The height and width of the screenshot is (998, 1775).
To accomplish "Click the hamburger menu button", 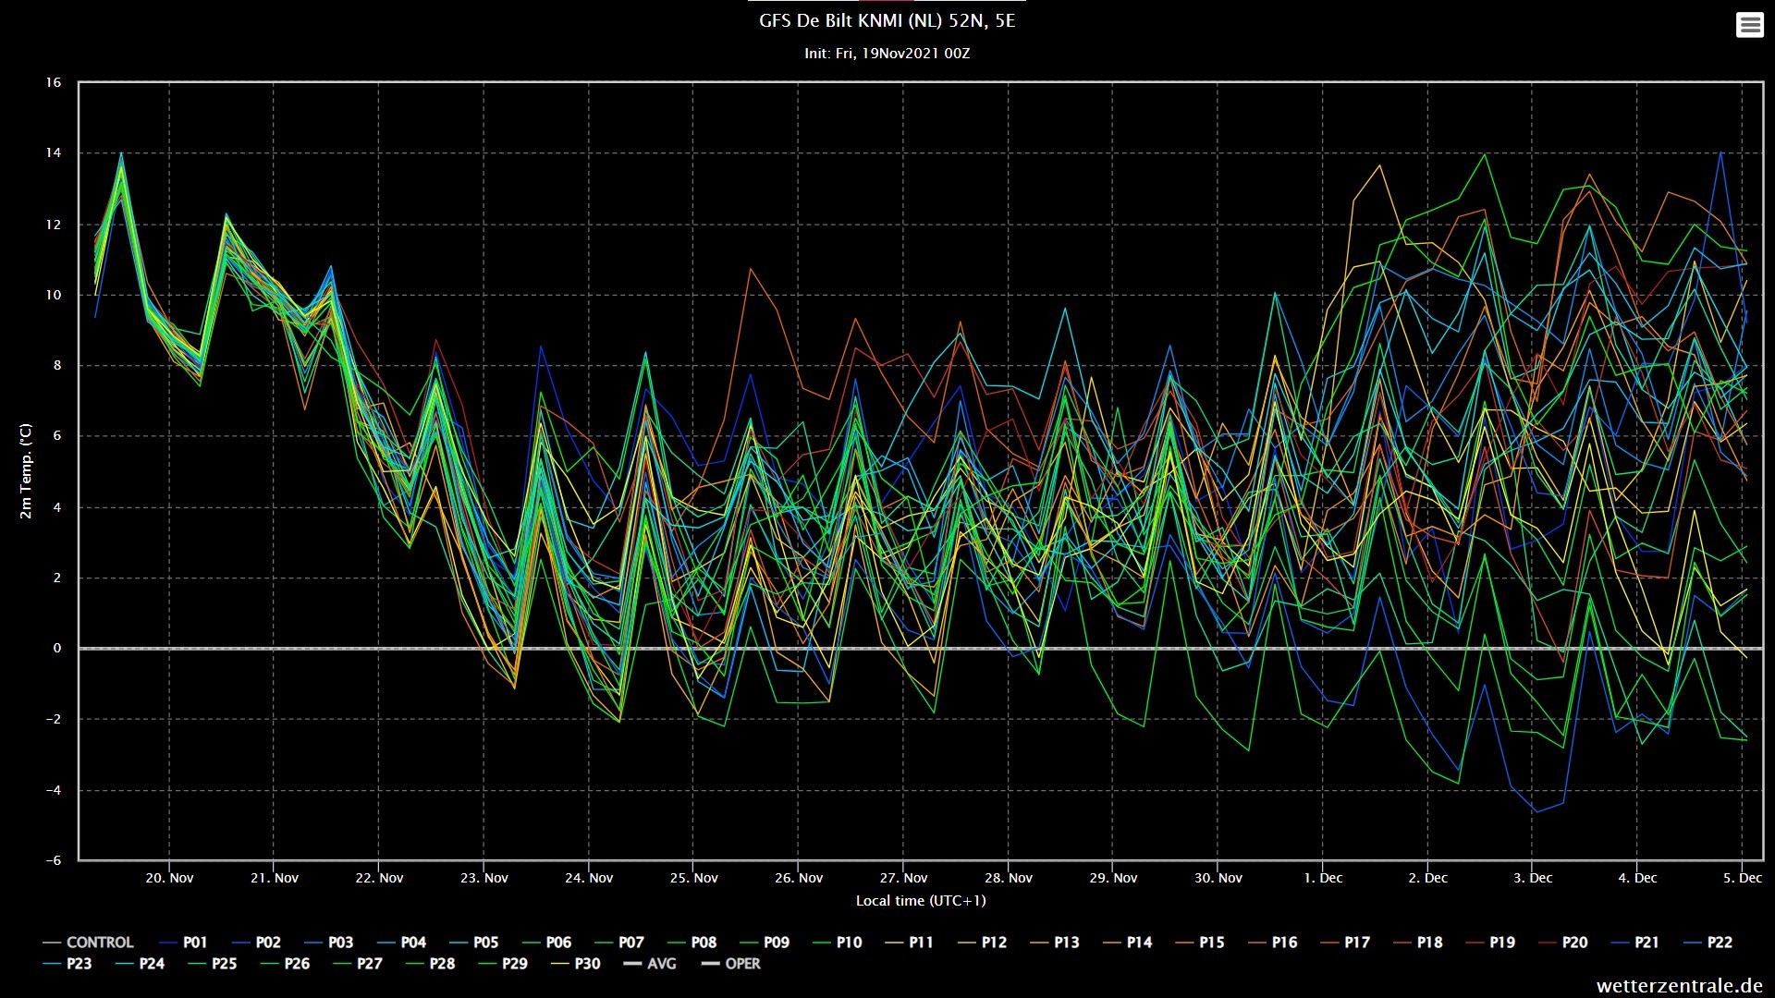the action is click(x=1749, y=25).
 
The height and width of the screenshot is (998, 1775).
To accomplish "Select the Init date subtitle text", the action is click(x=887, y=54).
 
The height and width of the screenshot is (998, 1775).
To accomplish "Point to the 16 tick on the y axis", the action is click(x=54, y=82).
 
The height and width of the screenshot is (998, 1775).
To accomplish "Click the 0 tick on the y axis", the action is click(x=57, y=648).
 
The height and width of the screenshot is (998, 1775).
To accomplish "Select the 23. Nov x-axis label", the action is click(x=484, y=878).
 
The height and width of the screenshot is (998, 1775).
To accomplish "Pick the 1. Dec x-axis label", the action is click(x=1323, y=878).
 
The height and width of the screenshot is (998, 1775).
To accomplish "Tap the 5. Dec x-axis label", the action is click(x=1743, y=878).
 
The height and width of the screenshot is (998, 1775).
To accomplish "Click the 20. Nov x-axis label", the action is click(x=169, y=878).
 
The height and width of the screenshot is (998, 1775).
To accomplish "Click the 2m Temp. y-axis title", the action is click(x=26, y=471).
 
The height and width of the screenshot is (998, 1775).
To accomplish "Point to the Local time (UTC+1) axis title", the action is click(x=921, y=900).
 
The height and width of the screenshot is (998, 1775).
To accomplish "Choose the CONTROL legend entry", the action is click(x=88, y=943).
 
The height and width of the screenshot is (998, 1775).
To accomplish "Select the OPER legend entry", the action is click(x=730, y=964).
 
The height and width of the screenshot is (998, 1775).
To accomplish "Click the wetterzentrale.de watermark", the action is click(x=1680, y=986).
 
